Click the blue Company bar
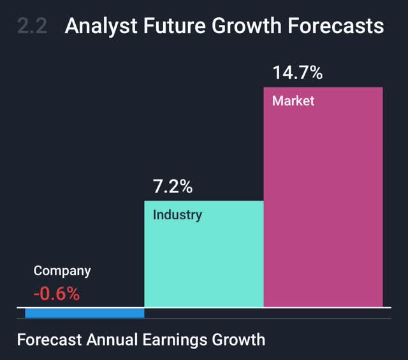pos(85,313)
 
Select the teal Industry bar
pos(204,261)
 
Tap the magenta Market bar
pos(323,204)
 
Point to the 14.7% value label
pos(298,73)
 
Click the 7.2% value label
pos(172,187)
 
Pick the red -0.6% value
pos(57,294)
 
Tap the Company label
pos(62,271)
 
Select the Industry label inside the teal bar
pos(177,215)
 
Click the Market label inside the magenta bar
pos(293,101)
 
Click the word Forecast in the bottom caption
pos(50,339)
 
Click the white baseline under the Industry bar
pos(204,308)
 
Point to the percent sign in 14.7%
pos(315,73)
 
